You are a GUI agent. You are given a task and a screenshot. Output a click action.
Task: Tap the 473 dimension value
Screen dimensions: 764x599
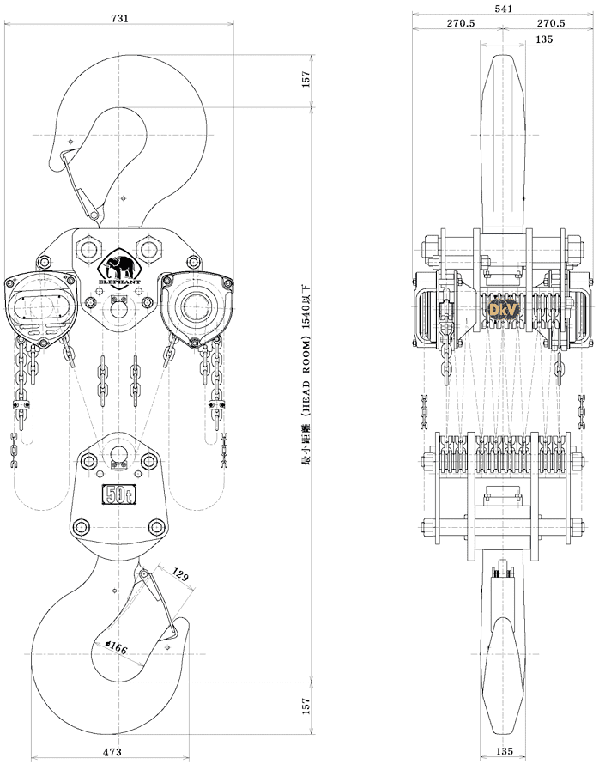112,752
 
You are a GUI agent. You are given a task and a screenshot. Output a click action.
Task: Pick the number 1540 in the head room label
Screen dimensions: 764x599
306,328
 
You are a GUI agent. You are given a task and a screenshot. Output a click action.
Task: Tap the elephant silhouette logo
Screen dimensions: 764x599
119,264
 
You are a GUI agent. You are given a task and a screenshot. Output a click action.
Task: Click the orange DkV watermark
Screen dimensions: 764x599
499,307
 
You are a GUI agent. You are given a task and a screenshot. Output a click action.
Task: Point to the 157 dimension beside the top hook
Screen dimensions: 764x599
306,78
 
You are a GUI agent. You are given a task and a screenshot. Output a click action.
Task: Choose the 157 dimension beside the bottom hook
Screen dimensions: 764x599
306,706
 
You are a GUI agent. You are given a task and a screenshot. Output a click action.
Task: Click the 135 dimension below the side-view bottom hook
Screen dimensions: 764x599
505,752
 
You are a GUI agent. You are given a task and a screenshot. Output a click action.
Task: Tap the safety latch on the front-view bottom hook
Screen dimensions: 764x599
160,601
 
